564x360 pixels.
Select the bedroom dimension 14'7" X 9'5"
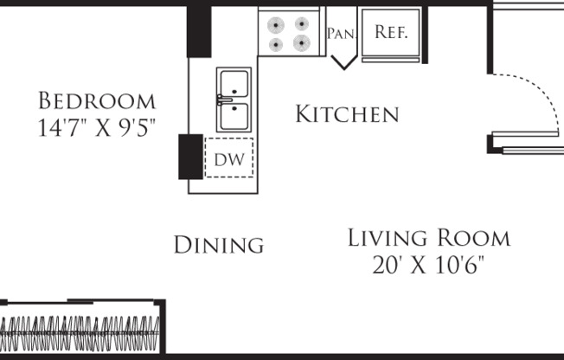[97, 128]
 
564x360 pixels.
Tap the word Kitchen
[347, 114]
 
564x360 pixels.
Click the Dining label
[218, 245]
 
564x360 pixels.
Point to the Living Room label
[429, 238]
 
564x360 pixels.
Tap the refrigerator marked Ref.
[390, 33]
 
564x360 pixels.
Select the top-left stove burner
[276, 24]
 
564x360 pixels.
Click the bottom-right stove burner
[301, 42]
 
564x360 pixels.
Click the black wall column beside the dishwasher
[190, 157]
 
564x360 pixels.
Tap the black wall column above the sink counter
[199, 30]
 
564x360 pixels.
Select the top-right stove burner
[301, 24]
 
